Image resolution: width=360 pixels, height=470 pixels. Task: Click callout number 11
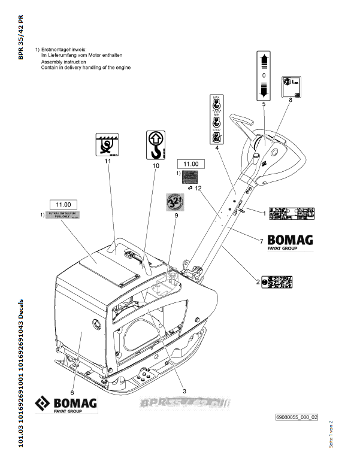point(108,161)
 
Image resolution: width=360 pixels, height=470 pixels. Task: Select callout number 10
point(156,165)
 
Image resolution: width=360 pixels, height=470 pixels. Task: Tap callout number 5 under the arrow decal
point(264,104)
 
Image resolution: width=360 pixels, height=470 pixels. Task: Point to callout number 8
point(291,100)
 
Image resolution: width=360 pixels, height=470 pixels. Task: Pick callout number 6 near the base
point(72,375)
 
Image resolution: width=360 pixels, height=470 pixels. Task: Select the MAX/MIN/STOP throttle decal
point(216,118)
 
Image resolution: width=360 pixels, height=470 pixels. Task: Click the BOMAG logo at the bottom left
point(66,404)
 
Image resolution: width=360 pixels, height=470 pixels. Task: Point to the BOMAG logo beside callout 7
point(290,241)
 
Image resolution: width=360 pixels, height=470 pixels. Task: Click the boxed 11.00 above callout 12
point(190,163)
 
